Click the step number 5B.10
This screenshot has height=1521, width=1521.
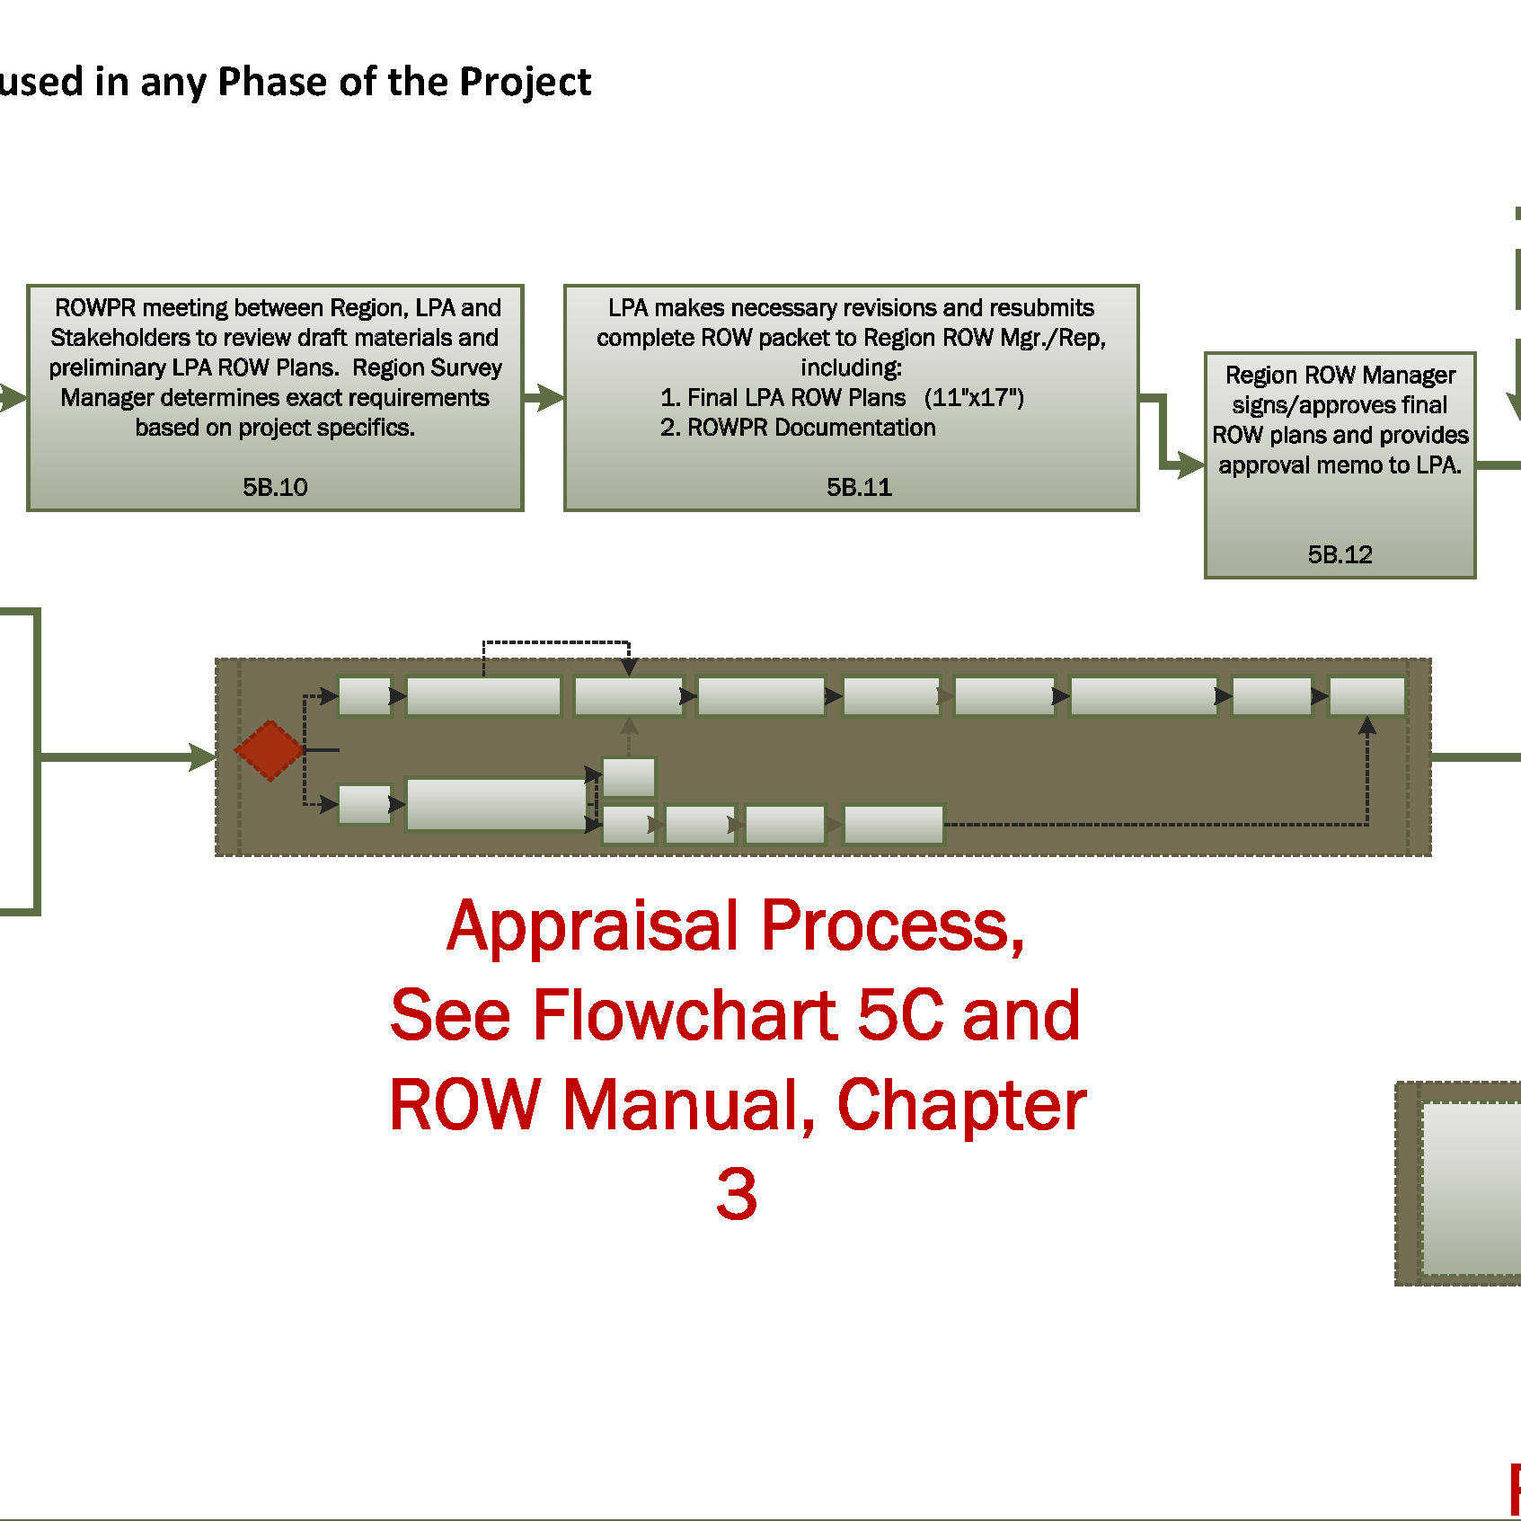[275, 487]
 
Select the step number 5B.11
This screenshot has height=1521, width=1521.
[859, 487]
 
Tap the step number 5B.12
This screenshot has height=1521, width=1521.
[1340, 554]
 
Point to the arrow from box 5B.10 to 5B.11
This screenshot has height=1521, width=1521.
[544, 397]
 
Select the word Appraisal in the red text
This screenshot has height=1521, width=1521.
[593, 926]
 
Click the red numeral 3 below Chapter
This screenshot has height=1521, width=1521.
[737, 1195]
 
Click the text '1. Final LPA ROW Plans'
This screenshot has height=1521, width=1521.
[783, 397]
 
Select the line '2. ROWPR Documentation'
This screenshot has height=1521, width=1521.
[798, 428]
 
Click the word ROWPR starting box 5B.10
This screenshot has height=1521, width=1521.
[95, 308]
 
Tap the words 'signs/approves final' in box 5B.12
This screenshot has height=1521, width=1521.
[1339, 405]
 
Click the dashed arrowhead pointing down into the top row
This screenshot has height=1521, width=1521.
[629, 667]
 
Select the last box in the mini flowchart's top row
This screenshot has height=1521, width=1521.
[1366, 696]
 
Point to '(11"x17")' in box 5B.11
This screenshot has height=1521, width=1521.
[974, 397]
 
